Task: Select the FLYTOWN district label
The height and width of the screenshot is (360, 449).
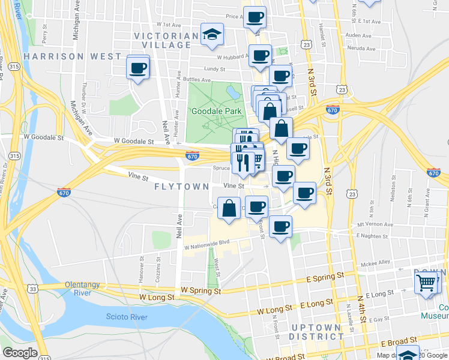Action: pos(181,187)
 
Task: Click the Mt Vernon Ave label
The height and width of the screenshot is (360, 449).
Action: pos(378,224)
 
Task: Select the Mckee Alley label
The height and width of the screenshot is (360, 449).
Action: pos(375,262)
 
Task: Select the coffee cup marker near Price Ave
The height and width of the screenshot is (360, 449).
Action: pos(255,17)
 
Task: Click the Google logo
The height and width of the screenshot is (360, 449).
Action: pos(20,353)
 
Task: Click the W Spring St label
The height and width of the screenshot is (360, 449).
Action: pos(201,290)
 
